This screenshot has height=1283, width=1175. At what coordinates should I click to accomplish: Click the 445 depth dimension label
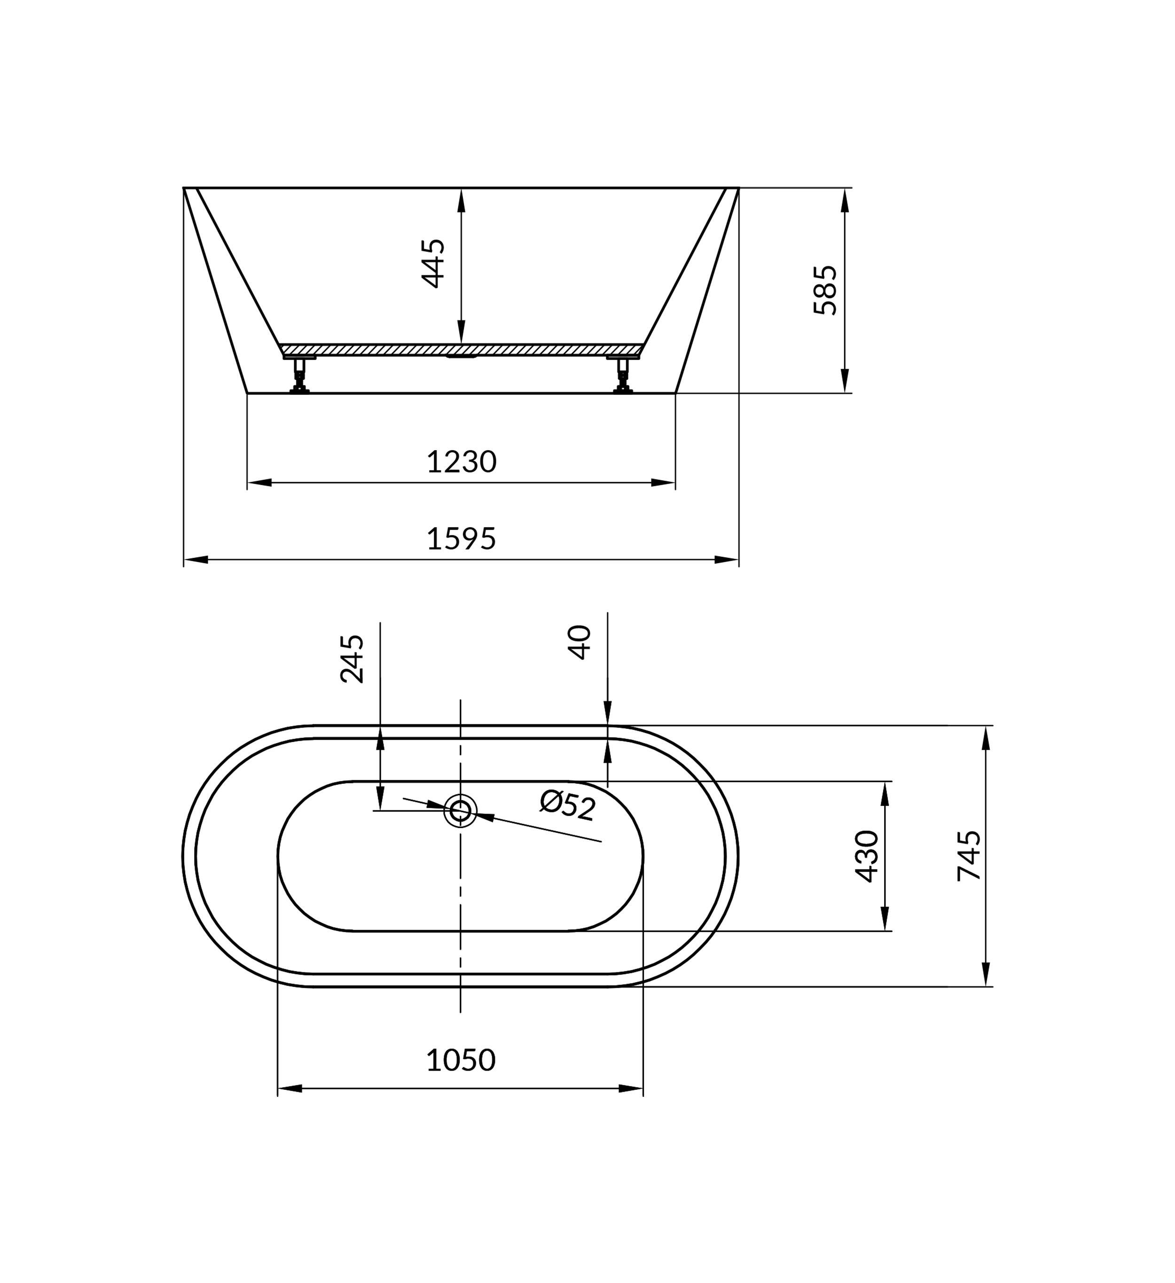tap(433, 264)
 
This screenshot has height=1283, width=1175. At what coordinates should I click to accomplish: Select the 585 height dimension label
tap(826, 290)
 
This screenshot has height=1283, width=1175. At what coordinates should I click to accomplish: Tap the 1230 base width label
tap(462, 462)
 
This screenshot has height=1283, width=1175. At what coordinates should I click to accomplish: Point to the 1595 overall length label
tap(462, 539)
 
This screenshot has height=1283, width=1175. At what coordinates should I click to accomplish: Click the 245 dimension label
tap(352, 659)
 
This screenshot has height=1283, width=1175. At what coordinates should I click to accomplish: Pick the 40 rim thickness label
tap(580, 642)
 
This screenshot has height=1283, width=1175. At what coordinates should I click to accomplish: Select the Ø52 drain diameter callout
tap(568, 805)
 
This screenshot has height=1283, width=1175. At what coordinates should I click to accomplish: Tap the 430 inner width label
tap(867, 857)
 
